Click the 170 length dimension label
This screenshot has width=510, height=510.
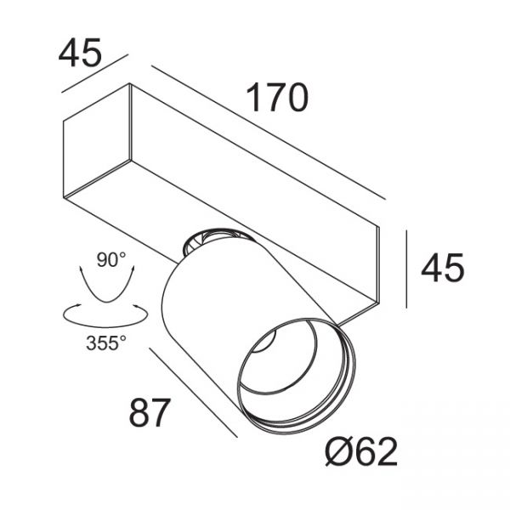tap(276, 99)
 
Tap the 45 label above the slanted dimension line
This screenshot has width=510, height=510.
tap(80, 53)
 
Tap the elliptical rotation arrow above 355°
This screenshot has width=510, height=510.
tap(100, 316)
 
